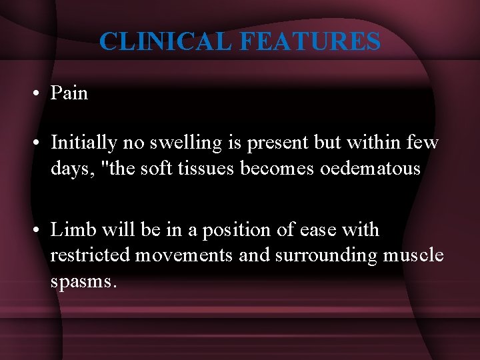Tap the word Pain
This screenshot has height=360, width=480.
[x=69, y=93]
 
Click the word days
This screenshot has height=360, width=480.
[x=69, y=169]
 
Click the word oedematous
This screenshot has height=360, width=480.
[x=370, y=168]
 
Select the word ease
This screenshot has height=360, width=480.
[x=319, y=231]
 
